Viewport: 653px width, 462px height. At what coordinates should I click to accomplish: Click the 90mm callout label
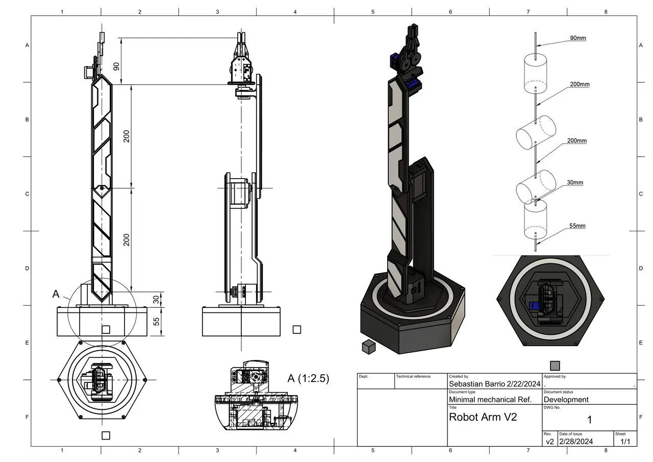(577, 38)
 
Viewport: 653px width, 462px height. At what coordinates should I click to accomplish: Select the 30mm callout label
(574, 183)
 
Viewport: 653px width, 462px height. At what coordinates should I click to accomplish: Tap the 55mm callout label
(577, 226)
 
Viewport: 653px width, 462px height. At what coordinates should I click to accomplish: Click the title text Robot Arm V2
(483, 417)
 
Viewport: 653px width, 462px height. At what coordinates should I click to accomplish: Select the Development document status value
(566, 400)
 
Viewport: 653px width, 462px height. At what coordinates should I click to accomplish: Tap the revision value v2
(549, 442)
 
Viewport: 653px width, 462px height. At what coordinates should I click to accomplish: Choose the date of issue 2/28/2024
(575, 442)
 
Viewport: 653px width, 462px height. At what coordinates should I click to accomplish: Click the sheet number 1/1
(625, 442)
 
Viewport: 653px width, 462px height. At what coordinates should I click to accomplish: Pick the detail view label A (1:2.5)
(308, 378)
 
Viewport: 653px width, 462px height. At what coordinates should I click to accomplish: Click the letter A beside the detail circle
(56, 294)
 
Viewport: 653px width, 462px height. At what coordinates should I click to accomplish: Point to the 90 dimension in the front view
(116, 66)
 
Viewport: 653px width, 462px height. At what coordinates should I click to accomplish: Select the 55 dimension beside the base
(157, 322)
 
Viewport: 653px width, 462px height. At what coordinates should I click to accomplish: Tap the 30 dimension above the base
(157, 299)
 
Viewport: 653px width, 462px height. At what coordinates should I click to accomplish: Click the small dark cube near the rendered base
(368, 347)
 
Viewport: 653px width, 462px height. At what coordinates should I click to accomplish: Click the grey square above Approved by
(555, 366)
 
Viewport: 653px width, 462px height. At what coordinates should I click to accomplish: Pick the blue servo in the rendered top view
(535, 306)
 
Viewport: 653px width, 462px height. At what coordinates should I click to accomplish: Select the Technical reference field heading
(414, 377)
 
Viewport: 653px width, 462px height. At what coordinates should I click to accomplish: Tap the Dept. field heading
(364, 377)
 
